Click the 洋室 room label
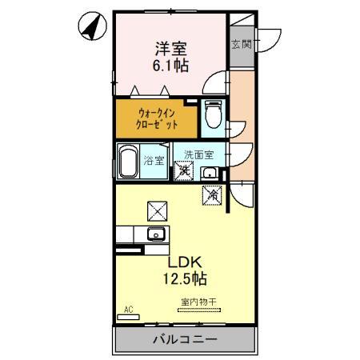click(x=171, y=47)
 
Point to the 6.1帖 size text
click(x=171, y=66)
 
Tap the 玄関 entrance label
click(x=241, y=44)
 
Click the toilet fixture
click(x=213, y=114)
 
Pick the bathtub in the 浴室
click(x=128, y=162)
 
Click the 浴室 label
click(x=154, y=160)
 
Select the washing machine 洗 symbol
click(x=184, y=170)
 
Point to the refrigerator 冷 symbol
click(x=212, y=194)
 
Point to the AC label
click(x=127, y=309)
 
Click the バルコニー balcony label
click(x=184, y=340)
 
